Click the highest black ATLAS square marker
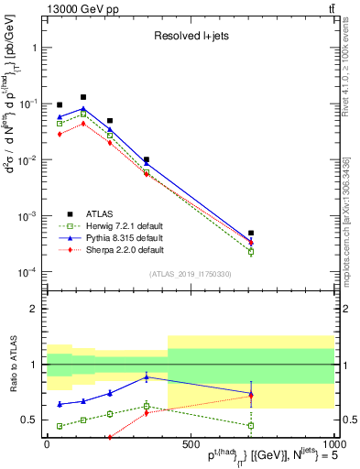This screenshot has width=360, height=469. [83, 96]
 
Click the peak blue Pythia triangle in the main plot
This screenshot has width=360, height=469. [83, 109]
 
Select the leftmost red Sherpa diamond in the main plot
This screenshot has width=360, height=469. [60, 134]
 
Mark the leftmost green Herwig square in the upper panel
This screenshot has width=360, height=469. [60, 123]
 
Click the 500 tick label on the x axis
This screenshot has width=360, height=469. [190, 444]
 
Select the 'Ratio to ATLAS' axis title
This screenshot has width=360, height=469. [12, 365]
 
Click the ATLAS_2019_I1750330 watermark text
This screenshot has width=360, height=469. [190, 274]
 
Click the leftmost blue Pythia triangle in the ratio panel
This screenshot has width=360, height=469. [60, 404]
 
